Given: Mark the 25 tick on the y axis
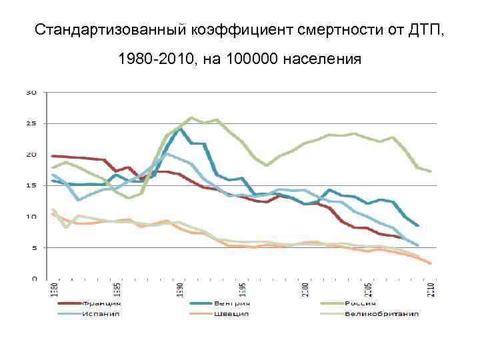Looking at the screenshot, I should pos(31,123).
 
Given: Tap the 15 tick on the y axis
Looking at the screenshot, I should pos(31,185).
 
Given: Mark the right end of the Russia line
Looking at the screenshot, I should pos(431,171).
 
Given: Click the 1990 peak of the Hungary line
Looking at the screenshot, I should pos(179,129).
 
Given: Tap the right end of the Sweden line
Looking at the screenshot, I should pos(431,263).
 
